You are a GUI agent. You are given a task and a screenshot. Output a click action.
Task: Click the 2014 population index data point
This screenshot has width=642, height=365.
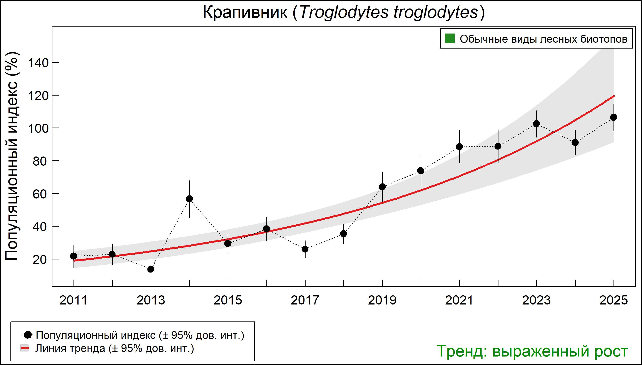coord(189,199)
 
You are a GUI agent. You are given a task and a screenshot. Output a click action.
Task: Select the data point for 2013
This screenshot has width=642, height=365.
coord(151,269)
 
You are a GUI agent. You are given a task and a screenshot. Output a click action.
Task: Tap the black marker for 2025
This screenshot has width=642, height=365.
coord(614,117)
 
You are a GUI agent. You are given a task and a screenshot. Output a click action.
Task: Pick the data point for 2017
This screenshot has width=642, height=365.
coord(305,249)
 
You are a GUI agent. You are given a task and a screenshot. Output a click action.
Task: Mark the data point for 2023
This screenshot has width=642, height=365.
coord(536,124)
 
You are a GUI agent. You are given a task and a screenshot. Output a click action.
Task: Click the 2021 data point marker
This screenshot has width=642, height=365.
coord(459,147)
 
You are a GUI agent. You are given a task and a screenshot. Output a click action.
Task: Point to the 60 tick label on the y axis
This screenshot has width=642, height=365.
coord(40,194)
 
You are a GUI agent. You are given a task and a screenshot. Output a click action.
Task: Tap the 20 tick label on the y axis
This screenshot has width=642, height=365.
coord(40,259)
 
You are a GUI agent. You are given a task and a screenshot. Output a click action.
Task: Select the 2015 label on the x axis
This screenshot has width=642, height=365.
coord(228,300)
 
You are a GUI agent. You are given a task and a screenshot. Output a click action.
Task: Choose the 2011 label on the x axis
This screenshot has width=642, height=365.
coord(73,300)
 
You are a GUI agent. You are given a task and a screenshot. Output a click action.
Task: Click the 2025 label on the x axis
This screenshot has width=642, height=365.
coord(614,300)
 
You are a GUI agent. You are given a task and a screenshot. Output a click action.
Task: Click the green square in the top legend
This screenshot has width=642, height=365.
coord(450,39)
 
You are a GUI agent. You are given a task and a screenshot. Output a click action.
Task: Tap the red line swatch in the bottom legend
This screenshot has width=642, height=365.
coord(25,348)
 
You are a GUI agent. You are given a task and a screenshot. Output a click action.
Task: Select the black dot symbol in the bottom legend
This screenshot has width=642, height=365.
coord(28,335)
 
